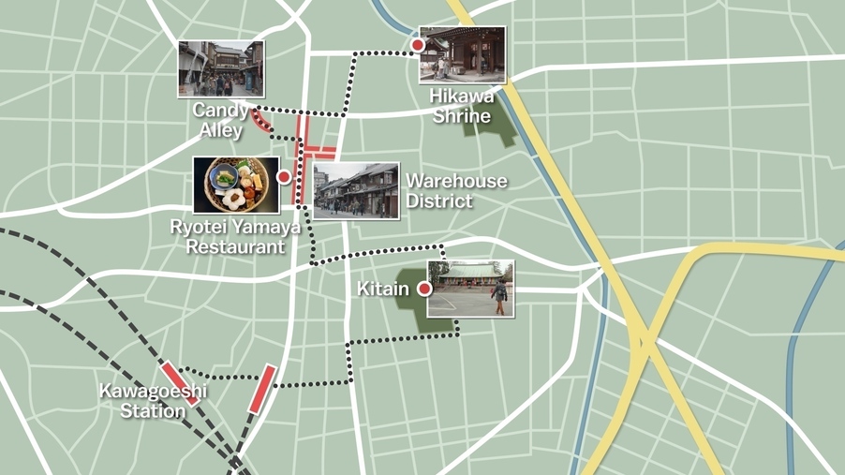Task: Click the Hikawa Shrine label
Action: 461,106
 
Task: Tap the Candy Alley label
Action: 220,120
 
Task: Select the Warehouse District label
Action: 455,190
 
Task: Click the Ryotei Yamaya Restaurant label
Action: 235,237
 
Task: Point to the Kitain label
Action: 382,289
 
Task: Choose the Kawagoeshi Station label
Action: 155,401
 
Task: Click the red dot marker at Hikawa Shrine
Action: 418,45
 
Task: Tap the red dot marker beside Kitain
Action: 424,289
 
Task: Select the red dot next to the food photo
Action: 284,176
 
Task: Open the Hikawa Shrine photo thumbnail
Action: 462,54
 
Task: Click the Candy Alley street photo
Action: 221,68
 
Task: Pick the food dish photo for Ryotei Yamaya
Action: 236,185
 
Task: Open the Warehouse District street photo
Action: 356,191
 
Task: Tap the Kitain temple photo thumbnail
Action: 470,289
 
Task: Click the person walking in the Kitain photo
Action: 500,294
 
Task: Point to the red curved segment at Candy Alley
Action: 263,121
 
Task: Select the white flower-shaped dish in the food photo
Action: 232,200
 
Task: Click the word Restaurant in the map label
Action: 235,247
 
